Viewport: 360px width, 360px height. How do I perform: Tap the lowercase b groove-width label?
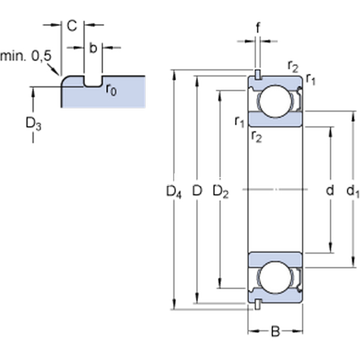click(x=93, y=48)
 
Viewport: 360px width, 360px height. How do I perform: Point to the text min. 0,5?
click(x=26, y=56)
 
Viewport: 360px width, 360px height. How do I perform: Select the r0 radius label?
click(x=111, y=89)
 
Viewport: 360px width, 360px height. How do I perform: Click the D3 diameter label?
click(x=33, y=125)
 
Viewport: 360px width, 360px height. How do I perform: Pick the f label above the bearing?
click(x=257, y=28)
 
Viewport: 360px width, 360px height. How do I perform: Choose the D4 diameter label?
click(x=173, y=192)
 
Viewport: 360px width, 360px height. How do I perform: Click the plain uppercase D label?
click(x=196, y=191)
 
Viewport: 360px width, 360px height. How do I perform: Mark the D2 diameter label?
click(x=221, y=192)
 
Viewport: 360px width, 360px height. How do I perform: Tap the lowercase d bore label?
click(x=329, y=191)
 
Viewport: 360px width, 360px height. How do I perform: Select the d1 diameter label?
click(x=353, y=192)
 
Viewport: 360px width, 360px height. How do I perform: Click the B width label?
click(x=275, y=331)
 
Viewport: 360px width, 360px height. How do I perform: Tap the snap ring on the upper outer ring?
click(x=257, y=74)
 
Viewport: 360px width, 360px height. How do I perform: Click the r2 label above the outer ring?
click(x=293, y=65)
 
